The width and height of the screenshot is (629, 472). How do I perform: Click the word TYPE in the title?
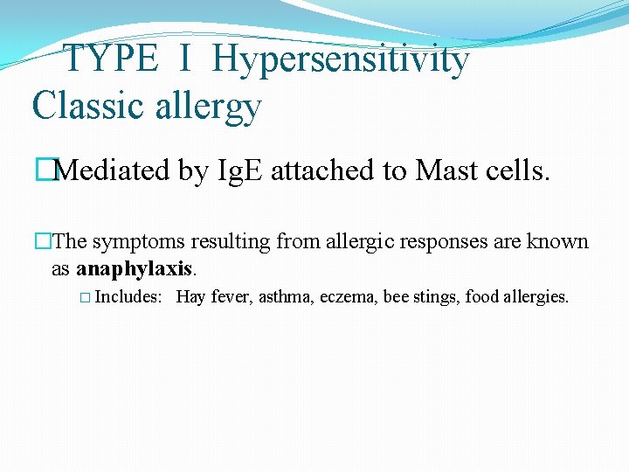(112, 59)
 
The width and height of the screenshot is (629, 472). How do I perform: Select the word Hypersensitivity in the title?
(340, 59)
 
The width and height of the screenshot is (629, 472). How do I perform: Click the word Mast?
(448, 170)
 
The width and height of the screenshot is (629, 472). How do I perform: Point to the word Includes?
(128, 297)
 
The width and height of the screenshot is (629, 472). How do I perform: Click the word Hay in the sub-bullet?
(190, 297)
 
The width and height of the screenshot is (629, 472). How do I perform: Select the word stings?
(437, 297)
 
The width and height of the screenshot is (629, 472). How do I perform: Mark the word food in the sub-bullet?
(480, 297)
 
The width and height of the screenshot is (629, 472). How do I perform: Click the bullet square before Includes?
(84, 298)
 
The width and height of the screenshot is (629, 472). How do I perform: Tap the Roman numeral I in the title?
(185, 59)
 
